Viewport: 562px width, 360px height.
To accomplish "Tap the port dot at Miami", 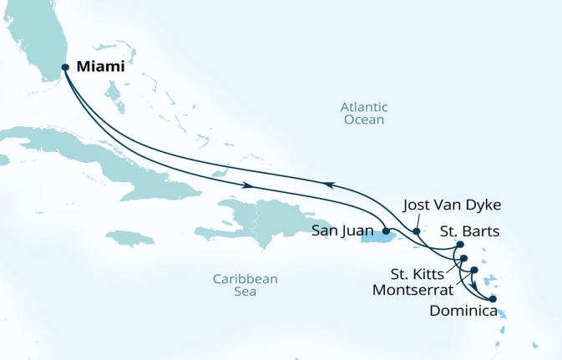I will (66, 68).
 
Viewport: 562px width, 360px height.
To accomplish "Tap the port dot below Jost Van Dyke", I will (417, 230).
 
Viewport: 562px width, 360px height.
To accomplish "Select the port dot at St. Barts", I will (460, 245).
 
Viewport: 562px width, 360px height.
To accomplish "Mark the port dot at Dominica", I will (493, 298).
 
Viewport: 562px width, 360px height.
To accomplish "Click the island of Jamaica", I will (130, 239).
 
